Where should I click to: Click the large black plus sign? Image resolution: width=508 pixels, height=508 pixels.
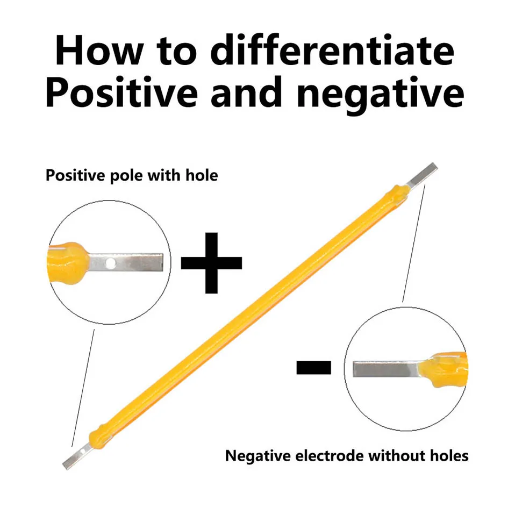211,263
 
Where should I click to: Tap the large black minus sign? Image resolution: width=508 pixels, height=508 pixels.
313,367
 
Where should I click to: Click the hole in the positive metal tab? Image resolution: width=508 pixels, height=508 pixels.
111,263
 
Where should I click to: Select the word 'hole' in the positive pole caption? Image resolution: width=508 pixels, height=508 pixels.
200,175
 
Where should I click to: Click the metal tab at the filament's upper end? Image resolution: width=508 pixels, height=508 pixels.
422,175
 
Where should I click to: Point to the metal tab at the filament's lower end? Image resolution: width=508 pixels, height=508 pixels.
73,458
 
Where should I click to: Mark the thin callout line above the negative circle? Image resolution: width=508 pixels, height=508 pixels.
414,242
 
